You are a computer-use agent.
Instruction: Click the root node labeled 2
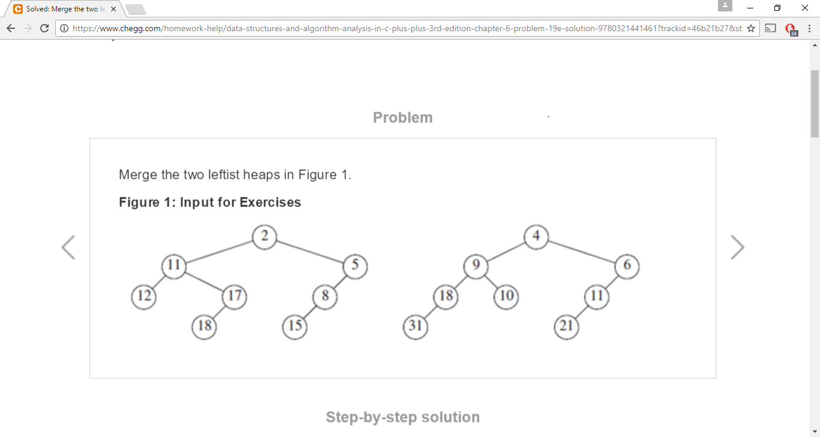pos(264,236)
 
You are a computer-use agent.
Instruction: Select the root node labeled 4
pos(536,236)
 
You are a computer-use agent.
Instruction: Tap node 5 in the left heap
pos(355,266)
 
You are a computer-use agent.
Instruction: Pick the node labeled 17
pos(234,296)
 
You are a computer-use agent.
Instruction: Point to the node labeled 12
pos(143,296)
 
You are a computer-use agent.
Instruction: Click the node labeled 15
pos(295,327)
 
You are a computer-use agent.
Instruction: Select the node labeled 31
pos(415,327)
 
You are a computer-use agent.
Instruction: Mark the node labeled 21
pos(566,327)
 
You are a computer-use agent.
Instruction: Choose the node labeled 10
pos(506,296)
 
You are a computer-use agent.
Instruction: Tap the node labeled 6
pos(627,266)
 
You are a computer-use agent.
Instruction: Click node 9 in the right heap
pos(475,266)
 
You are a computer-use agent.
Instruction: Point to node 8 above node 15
pos(325,296)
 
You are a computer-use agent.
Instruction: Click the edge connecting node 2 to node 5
pos(310,251)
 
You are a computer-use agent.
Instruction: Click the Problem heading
pos(402,118)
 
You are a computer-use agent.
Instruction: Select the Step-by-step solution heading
pos(402,417)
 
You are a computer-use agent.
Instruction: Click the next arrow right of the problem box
pos(737,247)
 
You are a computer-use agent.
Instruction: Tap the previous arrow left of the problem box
pos(68,247)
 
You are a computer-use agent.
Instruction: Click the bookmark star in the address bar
pos(750,28)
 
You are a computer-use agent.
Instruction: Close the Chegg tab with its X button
pos(113,9)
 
